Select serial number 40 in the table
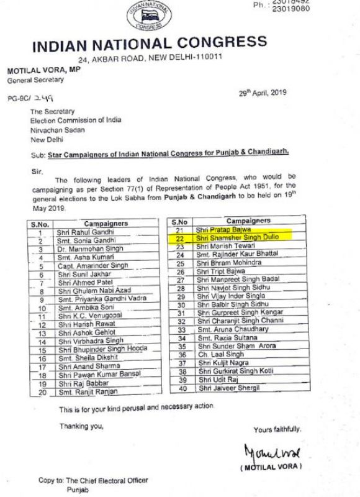(x=181, y=388)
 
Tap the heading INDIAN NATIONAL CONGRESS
(x=149, y=45)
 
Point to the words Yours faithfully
(x=277, y=429)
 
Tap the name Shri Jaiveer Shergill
(x=224, y=388)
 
